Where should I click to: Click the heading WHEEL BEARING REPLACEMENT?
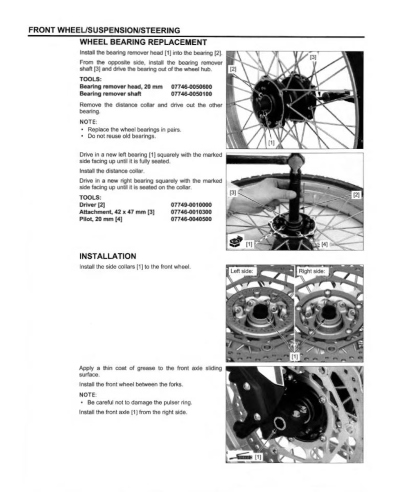pyautogui.click(x=143, y=42)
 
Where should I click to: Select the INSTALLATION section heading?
pyautogui.click(x=108, y=256)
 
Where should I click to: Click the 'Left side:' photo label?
pyautogui.click(x=242, y=271)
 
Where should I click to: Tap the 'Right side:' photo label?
pyautogui.click(x=312, y=271)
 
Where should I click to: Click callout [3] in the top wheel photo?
pyautogui.click(x=313, y=57)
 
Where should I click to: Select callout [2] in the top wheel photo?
pyautogui.click(x=233, y=69)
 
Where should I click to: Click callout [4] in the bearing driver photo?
pyautogui.click(x=324, y=244)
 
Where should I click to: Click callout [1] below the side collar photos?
pyautogui.click(x=294, y=356)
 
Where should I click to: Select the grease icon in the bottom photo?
pyautogui.click(x=241, y=456)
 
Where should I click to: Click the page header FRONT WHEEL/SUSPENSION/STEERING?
pyautogui.click(x=104, y=30)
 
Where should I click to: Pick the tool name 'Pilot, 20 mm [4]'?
pyautogui.click(x=101, y=219)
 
